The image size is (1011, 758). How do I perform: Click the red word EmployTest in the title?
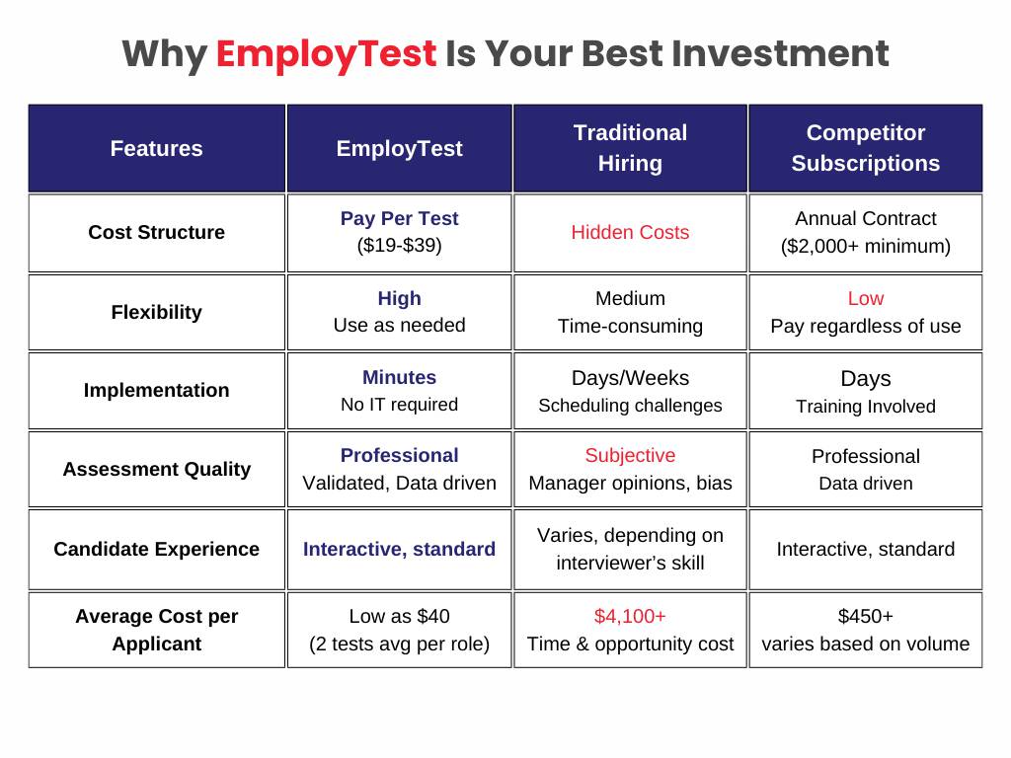click(x=326, y=53)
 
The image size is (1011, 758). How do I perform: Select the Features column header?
click(x=156, y=149)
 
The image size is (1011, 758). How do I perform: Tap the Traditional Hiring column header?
click(x=630, y=148)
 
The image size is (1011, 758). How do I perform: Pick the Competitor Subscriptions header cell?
click(x=865, y=148)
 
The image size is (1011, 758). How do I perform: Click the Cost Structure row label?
click(x=156, y=233)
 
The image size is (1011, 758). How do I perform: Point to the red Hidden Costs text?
click(x=630, y=233)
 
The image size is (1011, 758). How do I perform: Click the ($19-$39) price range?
click(x=399, y=247)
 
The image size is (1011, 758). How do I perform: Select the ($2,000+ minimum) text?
click(x=865, y=247)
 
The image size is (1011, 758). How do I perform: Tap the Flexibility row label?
click(x=156, y=313)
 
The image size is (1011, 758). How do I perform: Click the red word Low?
click(x=865, y=299)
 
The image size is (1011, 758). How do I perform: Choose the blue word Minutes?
click(x=399, y=378)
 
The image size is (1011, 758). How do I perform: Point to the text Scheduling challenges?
click(x=630, y=406)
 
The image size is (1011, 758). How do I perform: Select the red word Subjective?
click(x=630, y=456)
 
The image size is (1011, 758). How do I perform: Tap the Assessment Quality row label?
click(x=156, y=470)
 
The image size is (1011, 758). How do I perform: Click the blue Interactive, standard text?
click(x=399, y=550)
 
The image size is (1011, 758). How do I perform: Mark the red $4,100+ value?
click(x=630, y=617)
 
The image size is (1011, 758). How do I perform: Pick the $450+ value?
click(x=865, y=617)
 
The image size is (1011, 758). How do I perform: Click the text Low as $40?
click(x=399, y=617)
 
